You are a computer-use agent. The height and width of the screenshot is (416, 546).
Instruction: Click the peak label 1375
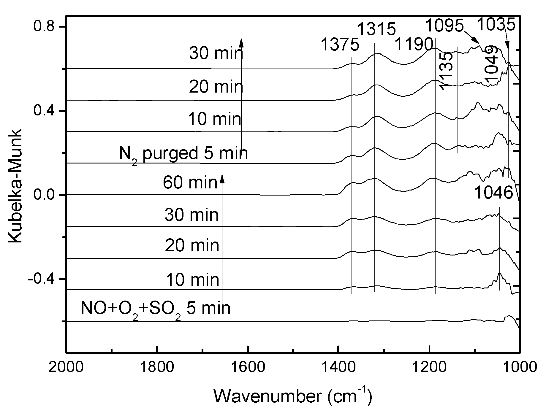(340, 45)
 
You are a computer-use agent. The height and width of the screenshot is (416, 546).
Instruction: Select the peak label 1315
(376, 30)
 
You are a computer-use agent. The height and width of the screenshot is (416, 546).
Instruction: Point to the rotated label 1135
(446, 71)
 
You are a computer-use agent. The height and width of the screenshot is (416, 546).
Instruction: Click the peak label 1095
(444, 26)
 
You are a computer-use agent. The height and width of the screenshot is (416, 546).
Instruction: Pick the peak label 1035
(496, 25)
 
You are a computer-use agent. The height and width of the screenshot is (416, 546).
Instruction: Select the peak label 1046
(494, 193)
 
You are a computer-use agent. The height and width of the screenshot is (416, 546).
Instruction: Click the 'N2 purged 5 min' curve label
(183, 154)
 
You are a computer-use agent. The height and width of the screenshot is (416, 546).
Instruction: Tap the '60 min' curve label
(190, 182)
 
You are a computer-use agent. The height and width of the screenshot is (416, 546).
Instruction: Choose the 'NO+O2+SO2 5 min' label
(155, 309)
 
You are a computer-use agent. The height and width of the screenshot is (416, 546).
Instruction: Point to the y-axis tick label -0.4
(42, 279)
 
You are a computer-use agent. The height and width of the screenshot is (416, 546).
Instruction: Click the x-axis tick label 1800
(156, 367)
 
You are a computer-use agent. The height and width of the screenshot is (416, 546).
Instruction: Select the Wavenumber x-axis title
(292, 396)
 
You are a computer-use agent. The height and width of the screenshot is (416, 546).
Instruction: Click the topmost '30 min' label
(216, 54)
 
